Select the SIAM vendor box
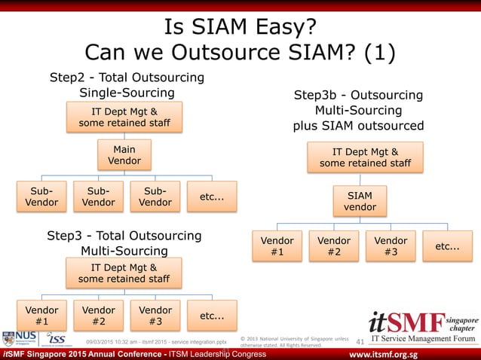(x=360, y=201)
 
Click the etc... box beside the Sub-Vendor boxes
(x=212, y=196)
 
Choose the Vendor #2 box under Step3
(x=99, y=316)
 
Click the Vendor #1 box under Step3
(x=41, y=316)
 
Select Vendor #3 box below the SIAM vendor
(x=391, y=246)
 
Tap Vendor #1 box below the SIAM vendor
(x=277, y=246)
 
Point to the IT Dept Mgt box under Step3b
(x=366, y=157)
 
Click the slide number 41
(x=359, y=343)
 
